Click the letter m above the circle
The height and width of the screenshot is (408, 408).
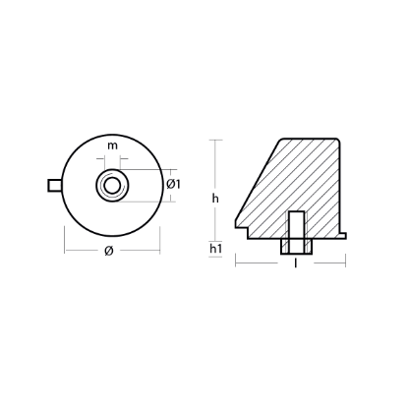(113, 146)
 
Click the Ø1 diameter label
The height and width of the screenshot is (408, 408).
(173, 184)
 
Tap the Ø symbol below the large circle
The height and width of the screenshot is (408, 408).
(111, 252)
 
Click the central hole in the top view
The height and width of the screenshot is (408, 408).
(112, 185)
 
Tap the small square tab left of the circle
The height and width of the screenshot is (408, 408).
(53, 185)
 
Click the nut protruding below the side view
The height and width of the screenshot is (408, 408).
(295, 248)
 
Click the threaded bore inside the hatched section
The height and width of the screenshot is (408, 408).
(295, 223)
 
